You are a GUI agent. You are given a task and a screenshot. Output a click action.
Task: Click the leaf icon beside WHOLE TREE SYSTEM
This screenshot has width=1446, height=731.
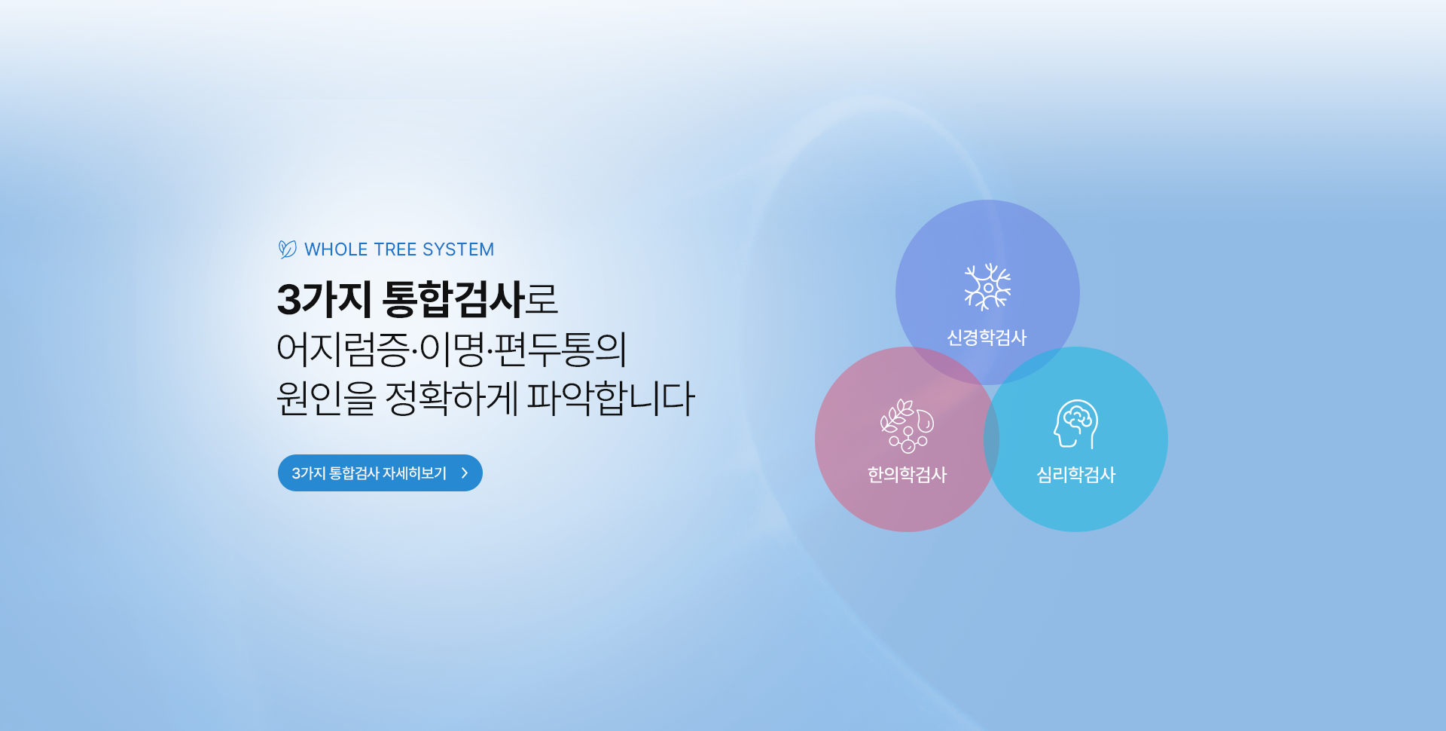(287, 249)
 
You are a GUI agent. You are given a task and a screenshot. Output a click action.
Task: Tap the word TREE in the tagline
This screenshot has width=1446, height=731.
(395, 249)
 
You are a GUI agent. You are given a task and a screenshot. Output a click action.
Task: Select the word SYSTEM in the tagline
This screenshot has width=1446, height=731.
(459, 249)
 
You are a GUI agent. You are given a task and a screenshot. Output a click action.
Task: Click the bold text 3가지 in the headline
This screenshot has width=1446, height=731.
(324, 299)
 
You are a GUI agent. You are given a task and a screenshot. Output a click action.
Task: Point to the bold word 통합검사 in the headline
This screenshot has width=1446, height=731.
(453, 299)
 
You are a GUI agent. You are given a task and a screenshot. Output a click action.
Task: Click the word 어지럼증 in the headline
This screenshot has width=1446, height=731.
(343, 349)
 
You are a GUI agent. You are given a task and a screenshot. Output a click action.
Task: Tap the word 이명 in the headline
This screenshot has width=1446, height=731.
(451, 349)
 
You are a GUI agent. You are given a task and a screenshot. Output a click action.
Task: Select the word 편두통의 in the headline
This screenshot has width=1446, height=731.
(560, 349)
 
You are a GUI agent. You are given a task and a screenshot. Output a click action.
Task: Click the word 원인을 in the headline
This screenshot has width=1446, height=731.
(326, 399)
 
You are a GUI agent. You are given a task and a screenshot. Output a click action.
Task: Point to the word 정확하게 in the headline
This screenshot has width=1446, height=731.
(452, 399)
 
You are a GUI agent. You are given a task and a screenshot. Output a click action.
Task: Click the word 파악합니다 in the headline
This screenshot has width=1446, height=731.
(611, 399)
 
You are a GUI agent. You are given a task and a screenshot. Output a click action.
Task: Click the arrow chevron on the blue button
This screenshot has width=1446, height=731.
(465, 473)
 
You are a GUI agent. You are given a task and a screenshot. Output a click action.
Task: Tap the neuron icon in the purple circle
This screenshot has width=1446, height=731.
(987, 287)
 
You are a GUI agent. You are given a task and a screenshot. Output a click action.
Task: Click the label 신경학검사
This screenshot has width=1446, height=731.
(987, 338)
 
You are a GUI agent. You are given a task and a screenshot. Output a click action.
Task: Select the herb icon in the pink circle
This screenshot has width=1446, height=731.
(908, 426)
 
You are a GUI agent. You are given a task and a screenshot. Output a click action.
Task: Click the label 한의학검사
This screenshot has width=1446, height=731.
(908, 475)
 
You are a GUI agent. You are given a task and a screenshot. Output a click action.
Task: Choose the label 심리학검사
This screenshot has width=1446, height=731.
(1076, 475)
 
